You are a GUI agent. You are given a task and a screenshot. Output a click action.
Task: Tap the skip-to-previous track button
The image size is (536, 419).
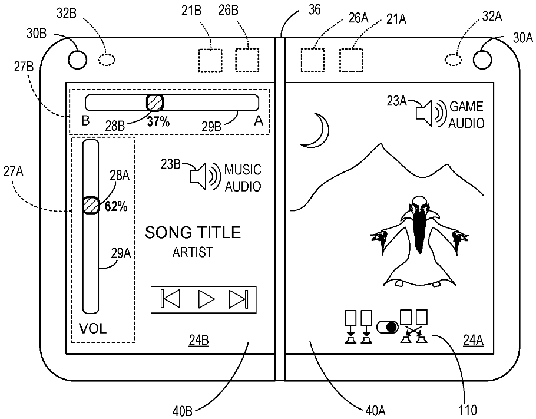(x=170, y=300)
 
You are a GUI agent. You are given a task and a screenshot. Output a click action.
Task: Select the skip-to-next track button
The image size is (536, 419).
(x=238, y=300)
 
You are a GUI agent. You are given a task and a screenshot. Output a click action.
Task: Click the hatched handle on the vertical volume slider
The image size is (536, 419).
(x=90, y=205)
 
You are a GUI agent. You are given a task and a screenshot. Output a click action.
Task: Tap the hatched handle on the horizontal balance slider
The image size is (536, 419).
(x=154, y=103)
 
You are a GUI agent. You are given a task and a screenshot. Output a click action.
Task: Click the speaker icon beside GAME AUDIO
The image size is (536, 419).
(x=429, y=114)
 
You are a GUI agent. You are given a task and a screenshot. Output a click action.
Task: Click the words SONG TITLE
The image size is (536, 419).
(x=193, y=233)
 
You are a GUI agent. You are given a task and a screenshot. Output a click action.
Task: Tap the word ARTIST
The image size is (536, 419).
(x=193, y=252)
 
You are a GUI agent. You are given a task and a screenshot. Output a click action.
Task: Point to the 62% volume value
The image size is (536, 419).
(x=116, y=206)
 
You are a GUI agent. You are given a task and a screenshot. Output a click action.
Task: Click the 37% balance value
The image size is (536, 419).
(x=158, y=122)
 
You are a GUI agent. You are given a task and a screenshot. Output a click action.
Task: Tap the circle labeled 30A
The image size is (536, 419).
(x=482, y=59)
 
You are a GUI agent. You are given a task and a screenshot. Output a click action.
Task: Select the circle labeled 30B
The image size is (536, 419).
(x=77, y=59)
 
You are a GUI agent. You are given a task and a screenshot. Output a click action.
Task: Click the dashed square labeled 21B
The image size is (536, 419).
(x=210, y=60)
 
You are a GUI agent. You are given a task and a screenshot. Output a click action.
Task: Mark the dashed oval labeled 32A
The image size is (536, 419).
(x=453, y=60)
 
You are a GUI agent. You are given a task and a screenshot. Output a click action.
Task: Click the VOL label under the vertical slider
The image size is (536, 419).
(x=92, y=329)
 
